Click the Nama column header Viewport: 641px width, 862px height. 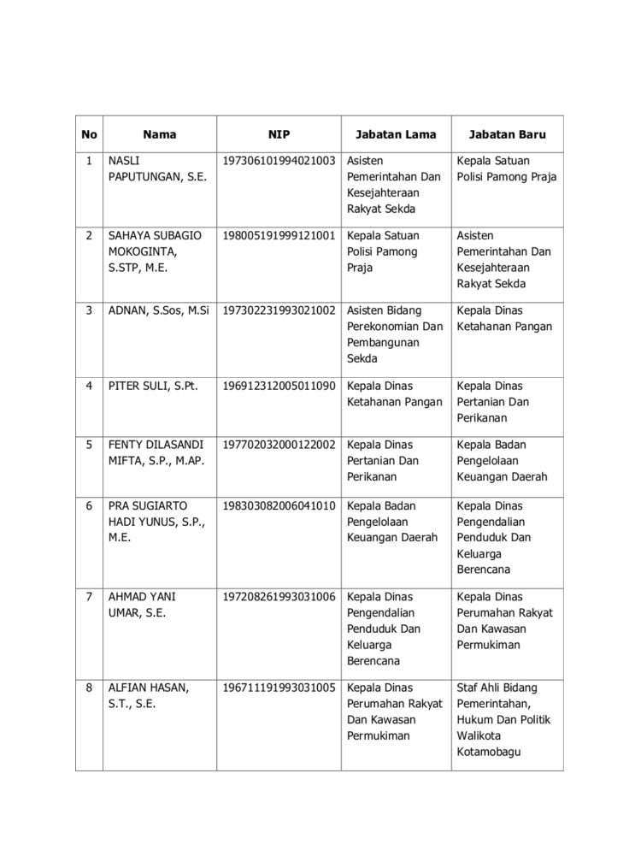[x=159, y=134]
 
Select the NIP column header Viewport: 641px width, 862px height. [x=279, y=134]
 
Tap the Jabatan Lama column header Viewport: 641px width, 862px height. [x=396, y=134]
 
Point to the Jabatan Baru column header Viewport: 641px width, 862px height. [x=508, y=134]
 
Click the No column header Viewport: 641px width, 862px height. [x=89, y=134]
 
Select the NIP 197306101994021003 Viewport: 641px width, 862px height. [x=279, y=161]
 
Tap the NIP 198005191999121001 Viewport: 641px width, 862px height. [x=279, y=235]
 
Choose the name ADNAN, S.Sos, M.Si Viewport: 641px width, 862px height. [x=159, y=310]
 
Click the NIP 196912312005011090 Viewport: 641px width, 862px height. [x=279, y=386]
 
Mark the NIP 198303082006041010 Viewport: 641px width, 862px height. [x=279, y=505]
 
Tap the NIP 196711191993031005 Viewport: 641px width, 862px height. [x=279, y=688]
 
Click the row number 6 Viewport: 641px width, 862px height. [x=89, y=505]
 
